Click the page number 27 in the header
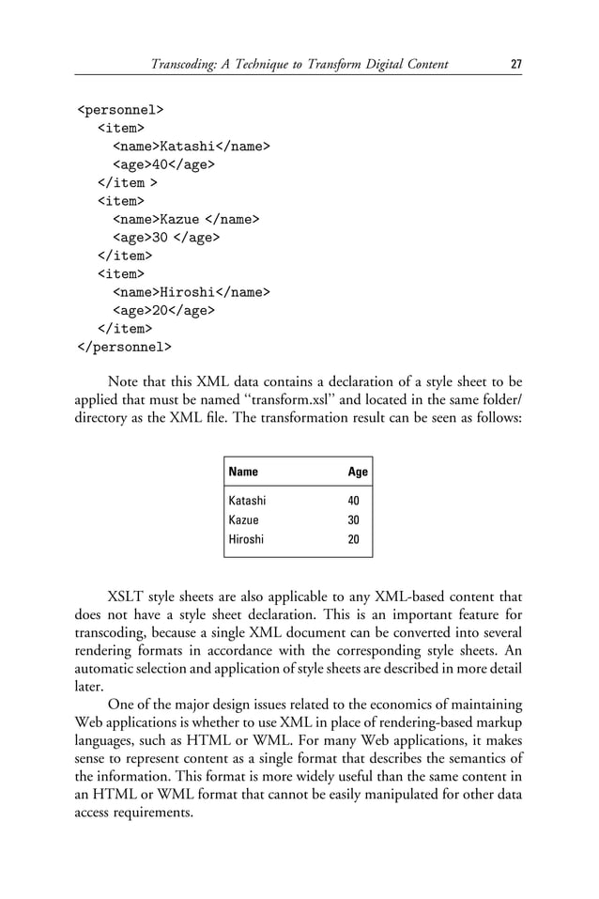pos(515,65)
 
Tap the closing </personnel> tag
pos(124,347)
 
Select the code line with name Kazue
pos(186,219)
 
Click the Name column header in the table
pos(243,472)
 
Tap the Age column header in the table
pos(358,472)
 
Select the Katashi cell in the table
pos(247,502)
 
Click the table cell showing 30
pos(354,520)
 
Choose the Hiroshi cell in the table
pos(246,539)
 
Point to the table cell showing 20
pos(354,539)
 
